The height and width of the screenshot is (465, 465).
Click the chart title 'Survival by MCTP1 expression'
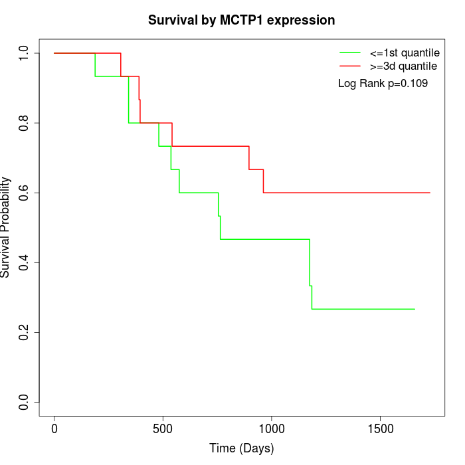click(x=241, y=20)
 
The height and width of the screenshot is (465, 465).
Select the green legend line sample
click(x=350, y=52)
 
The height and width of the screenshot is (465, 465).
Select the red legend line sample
click(x=350, y=66)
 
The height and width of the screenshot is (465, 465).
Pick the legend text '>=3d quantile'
click(x=403, y=66)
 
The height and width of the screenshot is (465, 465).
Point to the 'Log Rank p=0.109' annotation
click(x=383, y=83)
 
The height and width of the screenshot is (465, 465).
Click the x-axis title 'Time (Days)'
click(x=241, y=448)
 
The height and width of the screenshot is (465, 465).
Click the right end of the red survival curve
click(x=430, y=193)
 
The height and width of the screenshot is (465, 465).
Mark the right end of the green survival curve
click(x=415, y=309)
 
